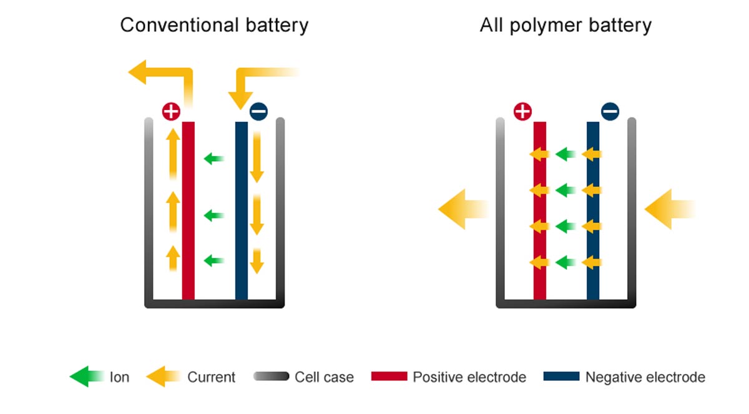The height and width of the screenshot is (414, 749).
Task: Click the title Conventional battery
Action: tap(214, 26)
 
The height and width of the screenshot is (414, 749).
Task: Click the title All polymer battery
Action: tap(565, 26)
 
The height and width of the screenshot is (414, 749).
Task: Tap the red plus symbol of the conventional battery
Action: tap(170, 112)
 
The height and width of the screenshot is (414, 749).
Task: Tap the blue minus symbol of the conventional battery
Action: tap(258, 112)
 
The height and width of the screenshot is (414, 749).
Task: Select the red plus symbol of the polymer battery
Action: tap(522, 112)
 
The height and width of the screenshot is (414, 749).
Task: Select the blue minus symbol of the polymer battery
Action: tap(610, 112)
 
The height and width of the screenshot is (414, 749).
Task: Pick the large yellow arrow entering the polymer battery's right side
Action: tap(667, 209)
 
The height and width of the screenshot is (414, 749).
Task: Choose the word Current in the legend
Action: tap(211, 377)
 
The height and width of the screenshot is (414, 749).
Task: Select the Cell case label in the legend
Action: tap(324, 377)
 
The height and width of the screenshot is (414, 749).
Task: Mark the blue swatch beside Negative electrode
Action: tap(561, 377)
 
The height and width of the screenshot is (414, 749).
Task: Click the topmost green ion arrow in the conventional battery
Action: tap(214, 159)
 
